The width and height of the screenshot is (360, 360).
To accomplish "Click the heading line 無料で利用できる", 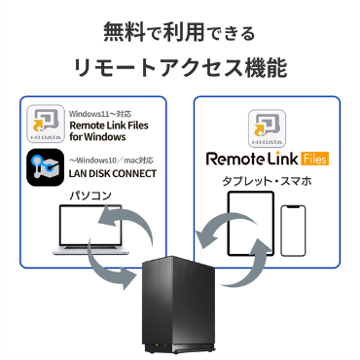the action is click(x=180, y=32).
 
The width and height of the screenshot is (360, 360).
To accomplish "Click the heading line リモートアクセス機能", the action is click(x=180, y=68).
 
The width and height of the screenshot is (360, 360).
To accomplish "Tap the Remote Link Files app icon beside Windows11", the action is click(x=46, y=124).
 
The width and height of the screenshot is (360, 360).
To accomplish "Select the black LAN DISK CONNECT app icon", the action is click(x=45, y=167).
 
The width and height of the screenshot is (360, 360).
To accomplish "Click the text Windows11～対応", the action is click(x=100, y=114).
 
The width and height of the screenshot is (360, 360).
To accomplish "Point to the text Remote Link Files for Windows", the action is click(x=109, y=131).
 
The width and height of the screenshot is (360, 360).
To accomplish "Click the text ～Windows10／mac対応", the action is click(x=111, y=161).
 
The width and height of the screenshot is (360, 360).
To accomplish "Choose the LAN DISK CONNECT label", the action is click(x=113, y=173).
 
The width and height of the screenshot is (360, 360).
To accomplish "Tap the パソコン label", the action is click(x=90, y=196).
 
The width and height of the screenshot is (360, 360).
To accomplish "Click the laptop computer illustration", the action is click(x=90, y=230).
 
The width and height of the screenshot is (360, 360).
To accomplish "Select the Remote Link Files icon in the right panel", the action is click(x=267, y=128).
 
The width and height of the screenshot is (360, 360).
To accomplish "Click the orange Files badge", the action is click(x=314, y=159).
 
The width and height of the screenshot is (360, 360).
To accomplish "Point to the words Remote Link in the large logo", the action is click(x=252, y=159).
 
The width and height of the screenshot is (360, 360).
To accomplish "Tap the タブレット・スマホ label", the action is click(x=267, y=181).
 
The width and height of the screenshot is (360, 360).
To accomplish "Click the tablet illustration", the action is click(x=251, y=224).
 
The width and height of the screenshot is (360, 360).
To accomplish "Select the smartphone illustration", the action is click(x=293, y=231).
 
